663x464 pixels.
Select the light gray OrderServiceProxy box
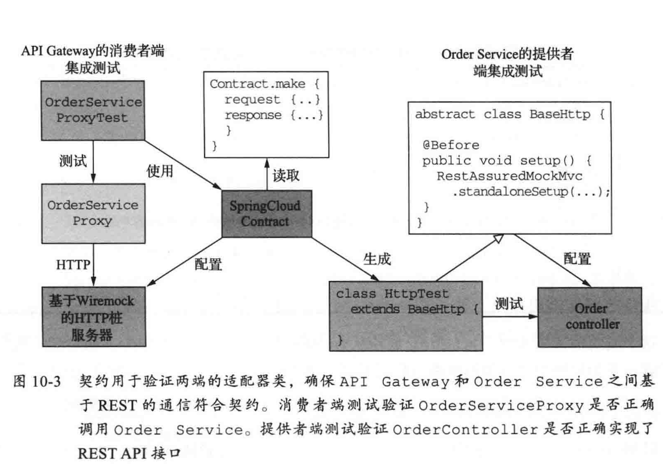tap(93, 213)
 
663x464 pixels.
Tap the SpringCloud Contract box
tap(267, 214)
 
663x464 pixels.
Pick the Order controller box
tap(591, 317)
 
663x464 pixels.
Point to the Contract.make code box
tap(267, 112)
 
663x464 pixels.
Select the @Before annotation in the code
tap(450, 145)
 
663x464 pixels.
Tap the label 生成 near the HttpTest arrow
tap(377, 259)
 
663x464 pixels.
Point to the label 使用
tap(160, 171)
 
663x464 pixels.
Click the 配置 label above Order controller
tap(577, 259)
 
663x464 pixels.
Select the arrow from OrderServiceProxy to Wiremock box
tap(93, 263)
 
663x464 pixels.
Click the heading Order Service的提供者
tap(507, 56)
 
